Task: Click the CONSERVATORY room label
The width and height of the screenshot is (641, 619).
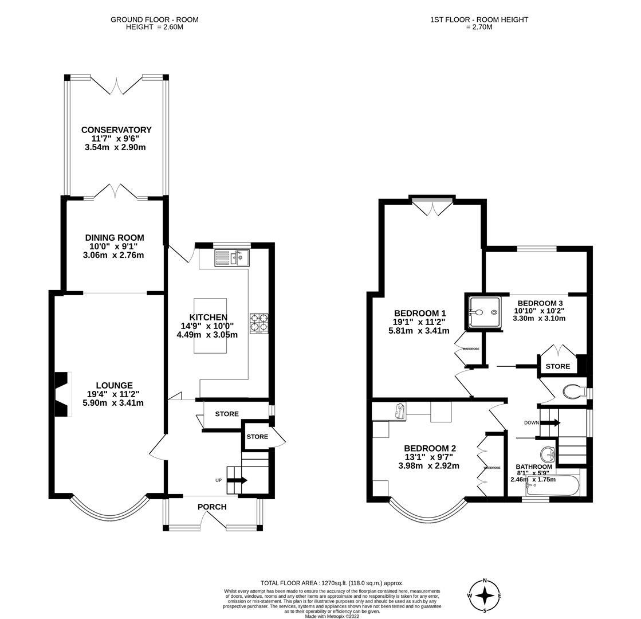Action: point(116,130)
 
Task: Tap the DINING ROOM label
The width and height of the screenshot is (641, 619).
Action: point(115,238)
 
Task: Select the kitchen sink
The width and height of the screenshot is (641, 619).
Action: point(232,258)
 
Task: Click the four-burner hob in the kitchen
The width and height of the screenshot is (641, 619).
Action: point(259,323)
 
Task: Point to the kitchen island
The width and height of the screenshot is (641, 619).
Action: point(210,326)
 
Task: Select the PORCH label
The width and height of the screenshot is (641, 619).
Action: point(212,507)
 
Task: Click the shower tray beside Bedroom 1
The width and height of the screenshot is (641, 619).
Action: point(484,312)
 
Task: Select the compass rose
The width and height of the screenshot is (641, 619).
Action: point(485,596)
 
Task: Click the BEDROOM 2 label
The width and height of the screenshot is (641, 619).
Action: point(430,448)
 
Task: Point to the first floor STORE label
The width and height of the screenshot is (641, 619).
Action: point(557,366)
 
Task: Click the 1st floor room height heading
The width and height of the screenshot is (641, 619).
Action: point(479,23)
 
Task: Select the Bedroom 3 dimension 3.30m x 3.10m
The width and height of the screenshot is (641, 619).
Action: point(539,318)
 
